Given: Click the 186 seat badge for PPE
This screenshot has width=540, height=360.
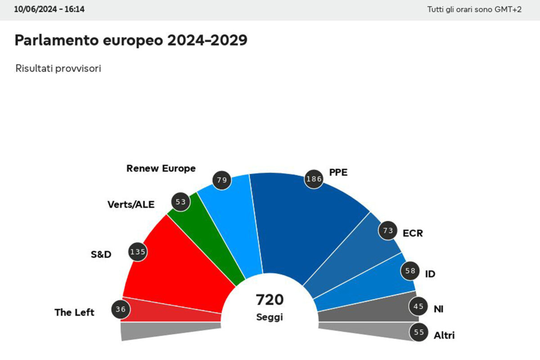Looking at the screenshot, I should tap(314, 179).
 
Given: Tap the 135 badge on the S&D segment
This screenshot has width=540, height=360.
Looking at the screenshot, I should tap(138, 252).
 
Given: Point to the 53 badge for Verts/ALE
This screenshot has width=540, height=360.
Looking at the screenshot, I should tap(181, 202).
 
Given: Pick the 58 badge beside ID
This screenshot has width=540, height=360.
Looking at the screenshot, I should tap(410, 271).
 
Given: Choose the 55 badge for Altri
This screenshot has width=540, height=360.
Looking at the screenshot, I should tap(418, 333).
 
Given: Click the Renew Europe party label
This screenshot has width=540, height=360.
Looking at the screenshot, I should tap(161, 168).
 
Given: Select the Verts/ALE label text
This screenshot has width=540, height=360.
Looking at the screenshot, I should tap(131, 205).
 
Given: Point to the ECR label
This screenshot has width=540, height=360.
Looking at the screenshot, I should tap(413, 234).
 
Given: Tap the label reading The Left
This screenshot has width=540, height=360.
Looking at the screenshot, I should tap(74, 312).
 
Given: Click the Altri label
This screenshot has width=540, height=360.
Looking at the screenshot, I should tap(444, 335).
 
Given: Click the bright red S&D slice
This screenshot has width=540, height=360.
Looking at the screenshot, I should tap(180, 265).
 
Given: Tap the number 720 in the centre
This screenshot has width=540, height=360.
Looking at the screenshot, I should tap(270, 299).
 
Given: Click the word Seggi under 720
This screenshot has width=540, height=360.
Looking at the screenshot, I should tap(270, 317).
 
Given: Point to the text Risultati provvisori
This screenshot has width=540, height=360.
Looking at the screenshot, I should tap(58, 69).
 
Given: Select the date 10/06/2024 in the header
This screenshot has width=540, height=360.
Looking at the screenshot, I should tap(33, 9).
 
